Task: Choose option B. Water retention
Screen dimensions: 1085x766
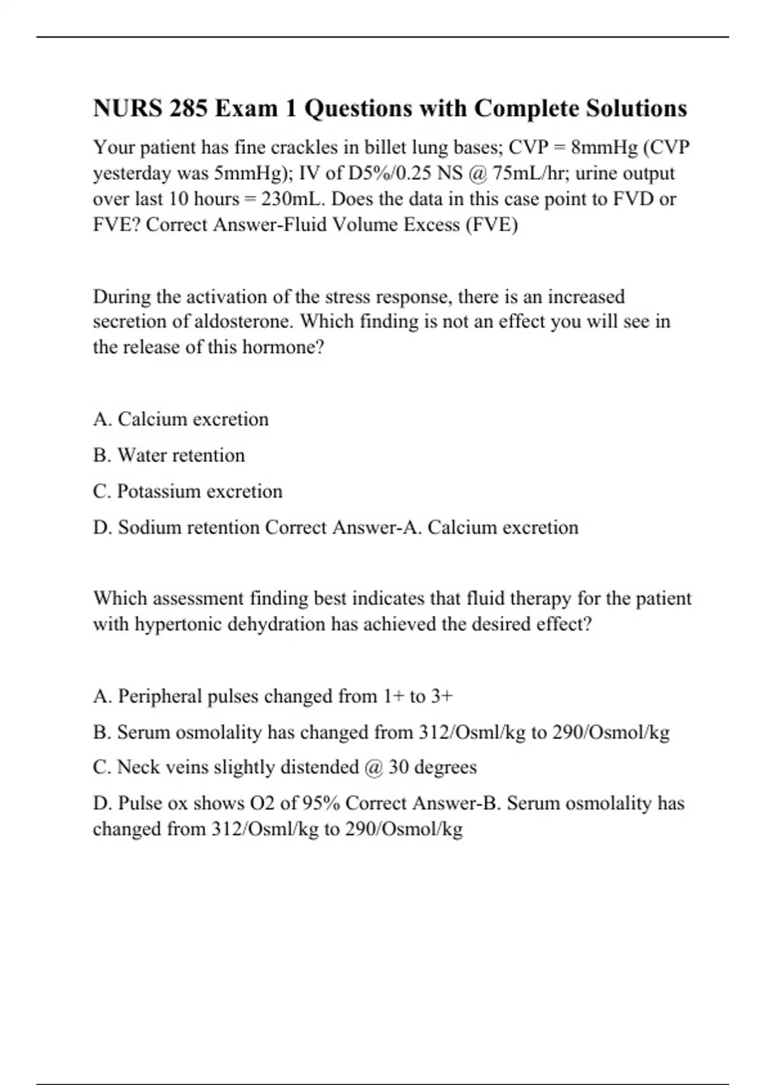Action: pyautogui.click(x=169, y=455)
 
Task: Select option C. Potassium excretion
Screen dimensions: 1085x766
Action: pyautogui.click(x=188, y=491)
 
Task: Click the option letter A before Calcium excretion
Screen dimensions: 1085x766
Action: pyautogui.click(x=101, y=419)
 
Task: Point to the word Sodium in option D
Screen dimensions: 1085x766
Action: pyautogui.click(x=147, y=528)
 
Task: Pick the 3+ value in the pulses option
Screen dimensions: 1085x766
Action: pyautogui.click(x=442, y=696)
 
